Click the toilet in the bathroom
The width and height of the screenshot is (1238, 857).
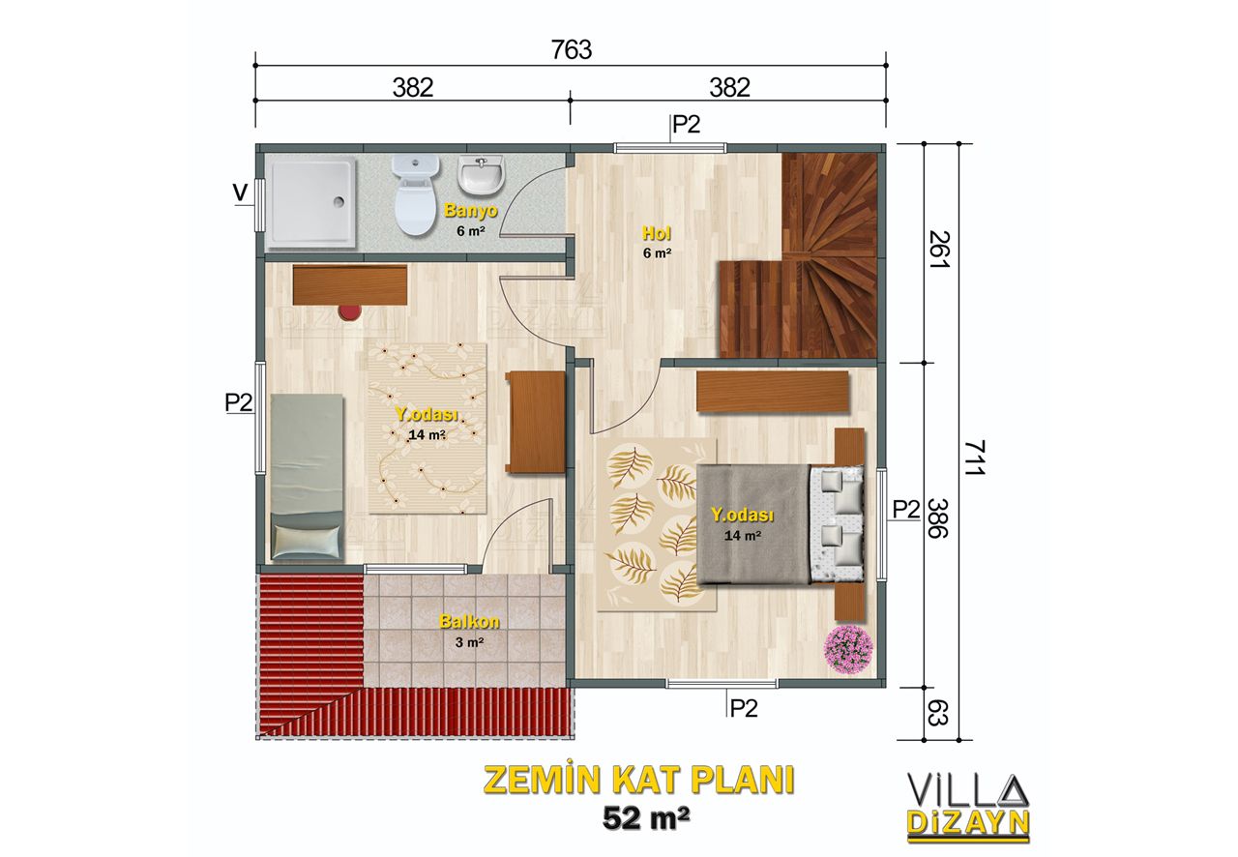415,195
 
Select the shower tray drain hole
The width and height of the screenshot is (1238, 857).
339,202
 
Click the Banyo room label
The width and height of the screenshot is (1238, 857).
471,210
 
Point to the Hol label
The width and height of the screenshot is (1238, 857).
657,233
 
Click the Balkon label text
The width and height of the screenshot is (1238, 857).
469,621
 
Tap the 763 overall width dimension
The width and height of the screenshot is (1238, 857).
572,50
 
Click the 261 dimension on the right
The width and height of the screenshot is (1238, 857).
938,250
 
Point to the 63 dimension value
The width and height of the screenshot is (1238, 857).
937,713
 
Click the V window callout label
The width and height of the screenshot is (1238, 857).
240,192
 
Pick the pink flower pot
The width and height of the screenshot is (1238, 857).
848,650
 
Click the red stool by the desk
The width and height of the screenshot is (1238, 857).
349,312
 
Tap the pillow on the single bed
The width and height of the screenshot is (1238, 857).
307,540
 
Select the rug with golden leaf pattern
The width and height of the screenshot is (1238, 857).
657,524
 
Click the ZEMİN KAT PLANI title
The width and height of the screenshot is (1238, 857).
639,781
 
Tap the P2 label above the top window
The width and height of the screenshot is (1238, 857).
686,125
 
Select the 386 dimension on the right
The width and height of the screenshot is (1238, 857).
937,518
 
